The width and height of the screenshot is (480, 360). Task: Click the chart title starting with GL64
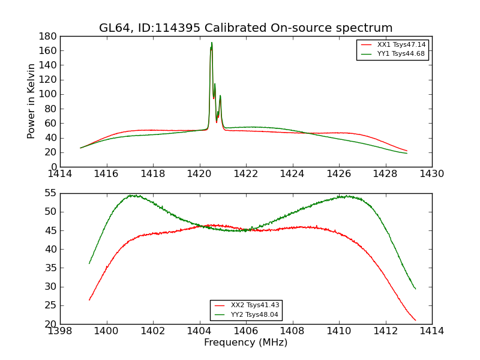pyautogui.click(x=245, y=28)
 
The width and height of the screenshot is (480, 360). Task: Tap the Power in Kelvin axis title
pyautogui.click(x=32, y=101)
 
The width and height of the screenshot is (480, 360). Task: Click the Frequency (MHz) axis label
pyautogui.click(x=245, y=343)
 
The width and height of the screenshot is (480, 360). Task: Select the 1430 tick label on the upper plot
pyautogui.click(x=431, y=174)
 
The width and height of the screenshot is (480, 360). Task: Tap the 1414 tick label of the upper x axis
pyautogui.click(x=61, y=174)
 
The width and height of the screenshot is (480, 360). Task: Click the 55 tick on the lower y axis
pyautogui.click(x=52, y=193)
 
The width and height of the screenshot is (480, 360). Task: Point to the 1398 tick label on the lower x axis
pyautogui.click(x=61, y=331)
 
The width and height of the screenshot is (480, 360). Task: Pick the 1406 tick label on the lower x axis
pyautogui.click(x=245, y=331)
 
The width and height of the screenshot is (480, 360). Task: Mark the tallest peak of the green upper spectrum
pyautogui.click(x=212, y=43)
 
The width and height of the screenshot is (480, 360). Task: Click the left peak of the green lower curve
pyautogui.click(x=131, y=195)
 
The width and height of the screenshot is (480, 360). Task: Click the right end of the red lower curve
pyautogui.click(x=415, y=320)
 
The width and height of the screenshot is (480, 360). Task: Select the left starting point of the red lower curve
pyautogui.click(x=89, y=299)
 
